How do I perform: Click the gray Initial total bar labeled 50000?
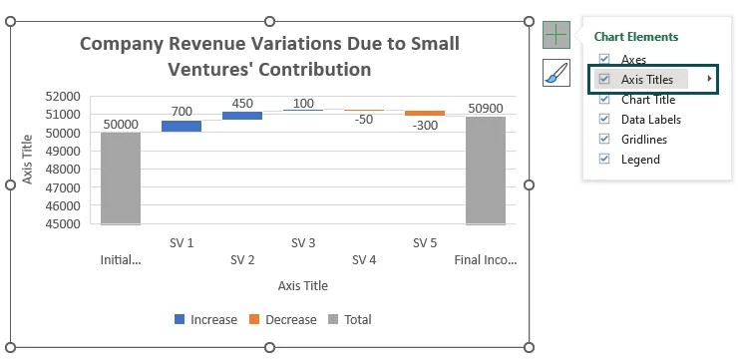[121, 178]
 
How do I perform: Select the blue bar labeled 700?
[182, 126]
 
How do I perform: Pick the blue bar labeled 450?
[242, 116]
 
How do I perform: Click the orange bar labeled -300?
[425, 114]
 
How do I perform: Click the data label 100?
[303, 104]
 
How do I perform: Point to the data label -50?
[364, 120]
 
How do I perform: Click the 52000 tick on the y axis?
[63, 97]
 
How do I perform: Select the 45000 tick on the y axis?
[63, 224]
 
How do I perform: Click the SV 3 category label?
[303, 242]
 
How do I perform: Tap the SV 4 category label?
[364, 260]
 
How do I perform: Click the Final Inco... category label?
[486, 260]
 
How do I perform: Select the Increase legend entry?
[205, 320]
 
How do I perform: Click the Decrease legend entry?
[282, 320]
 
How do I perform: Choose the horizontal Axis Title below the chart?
[302, 286]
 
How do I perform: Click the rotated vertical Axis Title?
[29, 160]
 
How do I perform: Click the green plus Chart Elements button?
[555, 35]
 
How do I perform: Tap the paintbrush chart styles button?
[555, 73]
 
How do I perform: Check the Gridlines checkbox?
[604, 139]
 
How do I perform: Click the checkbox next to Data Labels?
[604, 119]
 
